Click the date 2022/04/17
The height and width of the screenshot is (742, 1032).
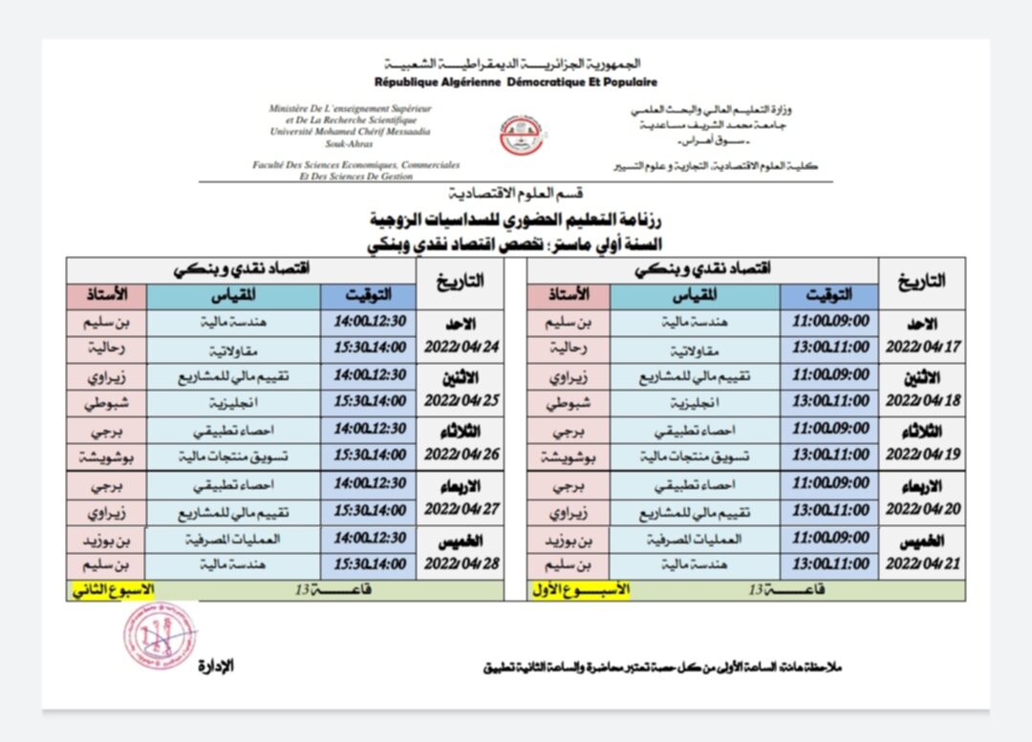click(922, 348)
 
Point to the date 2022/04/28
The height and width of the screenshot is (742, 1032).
click(463, 563)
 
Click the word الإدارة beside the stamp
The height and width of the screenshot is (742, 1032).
click(216, 666)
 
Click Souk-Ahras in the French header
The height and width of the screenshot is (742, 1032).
click(350, 142)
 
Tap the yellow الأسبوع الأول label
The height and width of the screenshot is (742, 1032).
click(581, 590)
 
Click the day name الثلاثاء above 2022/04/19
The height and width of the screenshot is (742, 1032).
click(922, 431)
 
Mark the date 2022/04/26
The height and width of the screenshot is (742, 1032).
click(463, 455)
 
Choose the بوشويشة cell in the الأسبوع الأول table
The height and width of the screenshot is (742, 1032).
click(568, 457)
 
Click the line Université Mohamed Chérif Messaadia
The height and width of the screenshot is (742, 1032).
click(350, 132)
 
